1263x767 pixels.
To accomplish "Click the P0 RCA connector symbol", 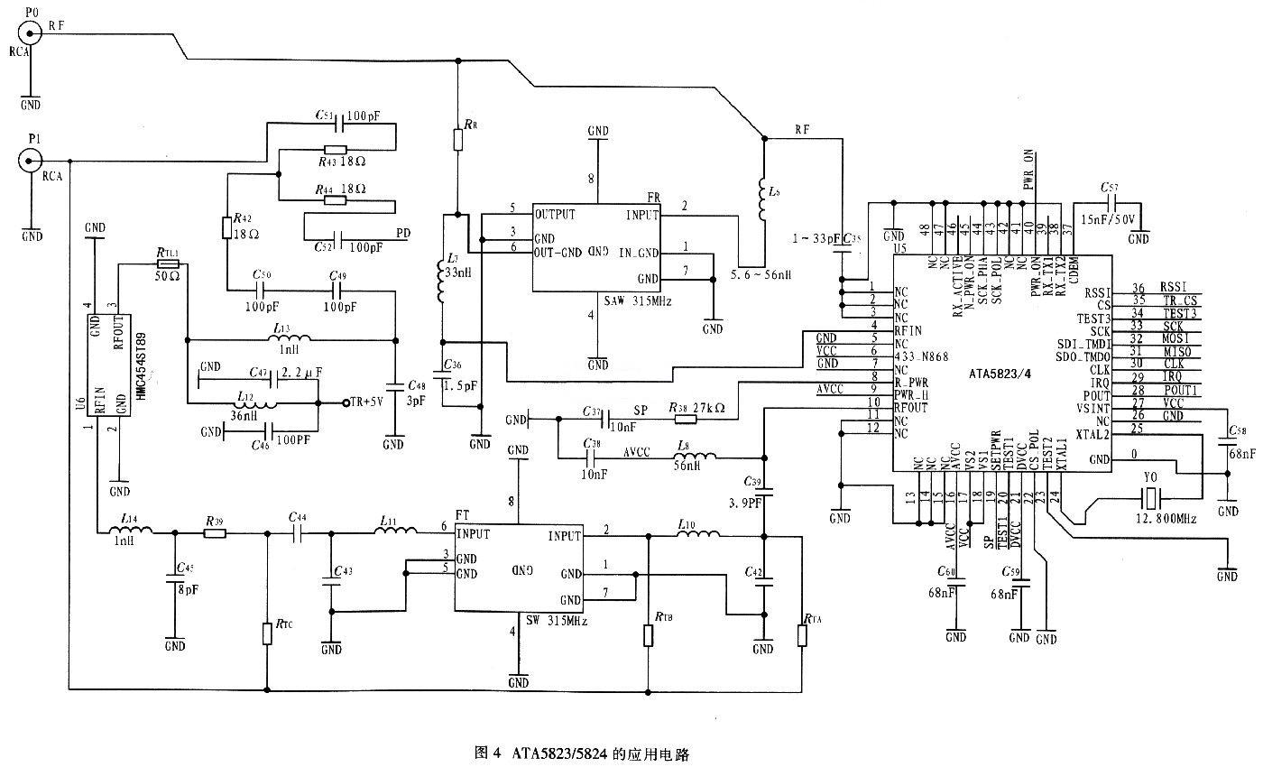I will coord(32,33).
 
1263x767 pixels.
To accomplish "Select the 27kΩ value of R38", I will coord(710,409).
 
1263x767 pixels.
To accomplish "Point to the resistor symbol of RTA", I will coord(801,635).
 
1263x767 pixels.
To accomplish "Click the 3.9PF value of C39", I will coord(745,496).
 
